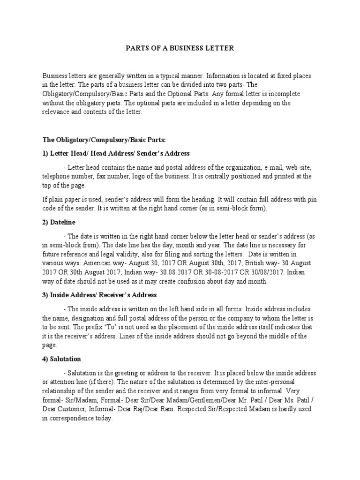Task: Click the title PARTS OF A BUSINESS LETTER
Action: pyautogui.click(x=180, y=48)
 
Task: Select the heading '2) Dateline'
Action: pyautogui.click(x=60, y=222)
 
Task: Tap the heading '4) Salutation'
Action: pyautogui.click(x=62, y=359)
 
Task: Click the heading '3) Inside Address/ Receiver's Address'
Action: pyautogui.click(x=100, y=295)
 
